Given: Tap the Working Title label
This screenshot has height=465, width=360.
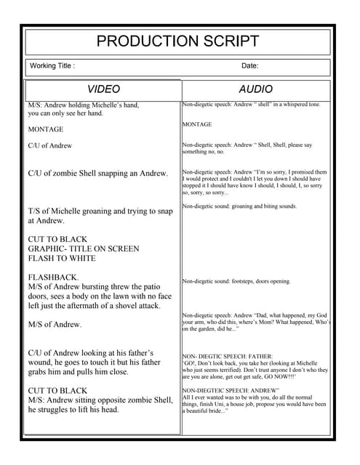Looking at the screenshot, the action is tap(52, 66).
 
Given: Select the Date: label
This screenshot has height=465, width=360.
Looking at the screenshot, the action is tap(249, 66).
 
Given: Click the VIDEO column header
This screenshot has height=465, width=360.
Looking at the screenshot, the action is tap(103, 89).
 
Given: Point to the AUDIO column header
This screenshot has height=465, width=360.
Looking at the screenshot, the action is tap(255, 89).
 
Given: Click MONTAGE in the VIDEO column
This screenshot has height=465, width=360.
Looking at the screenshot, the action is tap(45, 129).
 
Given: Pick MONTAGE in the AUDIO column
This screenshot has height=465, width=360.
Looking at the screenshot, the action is tap(197, 124).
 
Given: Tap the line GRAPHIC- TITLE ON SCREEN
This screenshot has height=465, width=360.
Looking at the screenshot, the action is tap(83, 248).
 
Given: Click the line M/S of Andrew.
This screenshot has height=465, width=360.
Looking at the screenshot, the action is tap(55, 324).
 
